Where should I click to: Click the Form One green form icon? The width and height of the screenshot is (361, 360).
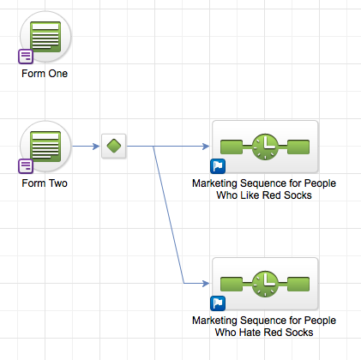[45, 37]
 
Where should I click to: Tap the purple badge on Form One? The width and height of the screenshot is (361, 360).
[26, 57]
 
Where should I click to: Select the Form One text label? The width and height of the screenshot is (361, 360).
[45, 74]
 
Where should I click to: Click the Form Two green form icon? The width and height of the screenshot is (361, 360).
[45, 147]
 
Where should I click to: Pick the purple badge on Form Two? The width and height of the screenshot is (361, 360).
[26, 166]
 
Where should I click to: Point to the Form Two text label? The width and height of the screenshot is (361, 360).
[45, 183]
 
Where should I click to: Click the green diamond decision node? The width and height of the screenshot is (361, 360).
[114, 146]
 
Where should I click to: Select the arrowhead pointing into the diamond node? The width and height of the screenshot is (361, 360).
[96, 147]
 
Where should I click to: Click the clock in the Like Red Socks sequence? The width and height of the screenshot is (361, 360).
[265, 147]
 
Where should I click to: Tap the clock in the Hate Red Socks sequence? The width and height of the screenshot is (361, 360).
[265, 284]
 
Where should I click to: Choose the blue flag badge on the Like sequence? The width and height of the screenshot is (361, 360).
[218, 166]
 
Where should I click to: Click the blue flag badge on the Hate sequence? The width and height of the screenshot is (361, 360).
[218, 303]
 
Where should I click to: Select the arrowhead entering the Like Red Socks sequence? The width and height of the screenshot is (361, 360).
[206, 147]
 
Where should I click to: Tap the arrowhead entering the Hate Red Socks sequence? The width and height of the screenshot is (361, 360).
[206, 284]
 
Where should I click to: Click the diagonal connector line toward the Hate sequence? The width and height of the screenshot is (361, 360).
[169, 215]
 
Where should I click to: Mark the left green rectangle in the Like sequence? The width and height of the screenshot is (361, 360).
[232, 147]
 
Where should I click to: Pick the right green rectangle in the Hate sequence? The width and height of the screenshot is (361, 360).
[298, 284]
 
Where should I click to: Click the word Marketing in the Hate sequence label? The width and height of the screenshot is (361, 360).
[214, 321]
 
